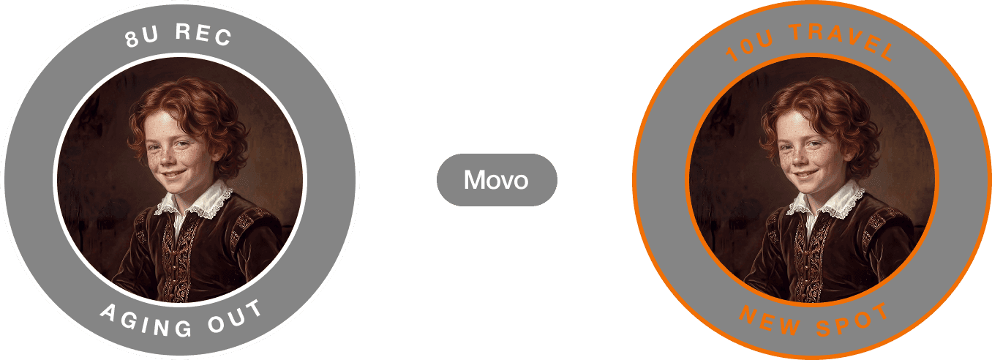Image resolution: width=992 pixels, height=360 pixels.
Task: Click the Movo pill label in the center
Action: (496, 179)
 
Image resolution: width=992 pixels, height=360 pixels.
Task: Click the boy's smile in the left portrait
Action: (173, 176)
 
